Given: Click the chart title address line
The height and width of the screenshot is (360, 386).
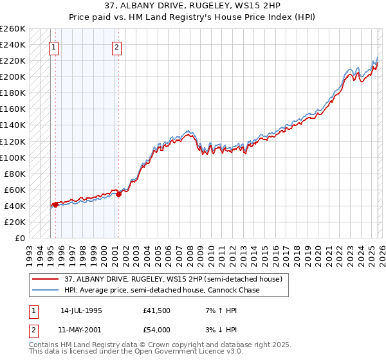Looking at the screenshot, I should click(193, 6).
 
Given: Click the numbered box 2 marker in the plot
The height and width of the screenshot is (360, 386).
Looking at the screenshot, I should click(116, 46).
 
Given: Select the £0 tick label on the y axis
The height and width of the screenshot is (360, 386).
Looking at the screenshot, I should click(19, 238).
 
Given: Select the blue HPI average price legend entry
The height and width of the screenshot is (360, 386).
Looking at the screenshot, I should click(161, 290).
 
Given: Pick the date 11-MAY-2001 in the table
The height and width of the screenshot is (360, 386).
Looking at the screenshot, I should click(82, 330).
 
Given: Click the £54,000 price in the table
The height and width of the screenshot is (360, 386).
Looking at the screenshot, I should click(156, 330).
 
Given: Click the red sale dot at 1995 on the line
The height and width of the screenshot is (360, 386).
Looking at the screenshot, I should click(55, 204).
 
